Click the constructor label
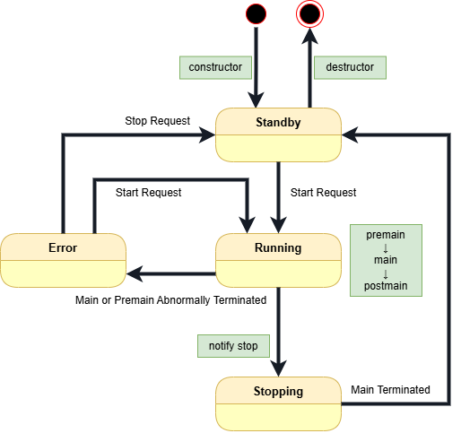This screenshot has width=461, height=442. [x=214, y=67]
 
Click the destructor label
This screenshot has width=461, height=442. [x=349, y=67]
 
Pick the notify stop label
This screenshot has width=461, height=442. [x=232, y=345]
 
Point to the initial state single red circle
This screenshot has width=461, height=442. [x=256, y=13]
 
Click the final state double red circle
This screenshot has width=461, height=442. [x=310, y=13]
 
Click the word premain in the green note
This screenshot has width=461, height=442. [x=386, y=235]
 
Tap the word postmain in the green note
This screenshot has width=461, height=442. [x=386, y=286]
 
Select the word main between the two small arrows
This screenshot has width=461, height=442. [x=386, y=260]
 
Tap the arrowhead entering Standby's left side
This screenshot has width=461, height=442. [x=208, y=134]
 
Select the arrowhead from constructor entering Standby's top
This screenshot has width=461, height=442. [x=257, y=100]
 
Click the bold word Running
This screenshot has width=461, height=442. [x=278, y=247]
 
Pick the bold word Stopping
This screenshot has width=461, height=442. [x=278, y=391]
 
